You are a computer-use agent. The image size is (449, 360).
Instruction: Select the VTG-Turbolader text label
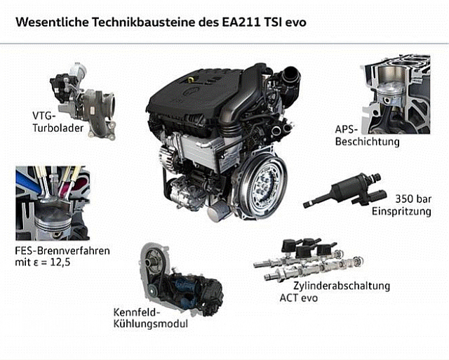58,121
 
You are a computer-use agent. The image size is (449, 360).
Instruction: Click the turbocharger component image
83,101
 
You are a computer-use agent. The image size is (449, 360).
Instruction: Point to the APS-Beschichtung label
367,135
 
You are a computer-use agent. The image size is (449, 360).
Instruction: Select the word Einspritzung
401,211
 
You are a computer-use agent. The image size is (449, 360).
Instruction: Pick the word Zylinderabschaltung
342,286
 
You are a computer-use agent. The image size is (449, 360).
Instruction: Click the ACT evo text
299,298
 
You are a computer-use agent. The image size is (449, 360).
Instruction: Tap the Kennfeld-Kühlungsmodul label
151,318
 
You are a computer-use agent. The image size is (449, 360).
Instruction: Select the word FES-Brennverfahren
62,251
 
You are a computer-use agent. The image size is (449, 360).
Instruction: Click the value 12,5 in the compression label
60,262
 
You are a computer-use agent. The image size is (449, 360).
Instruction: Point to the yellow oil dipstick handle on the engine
189,79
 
